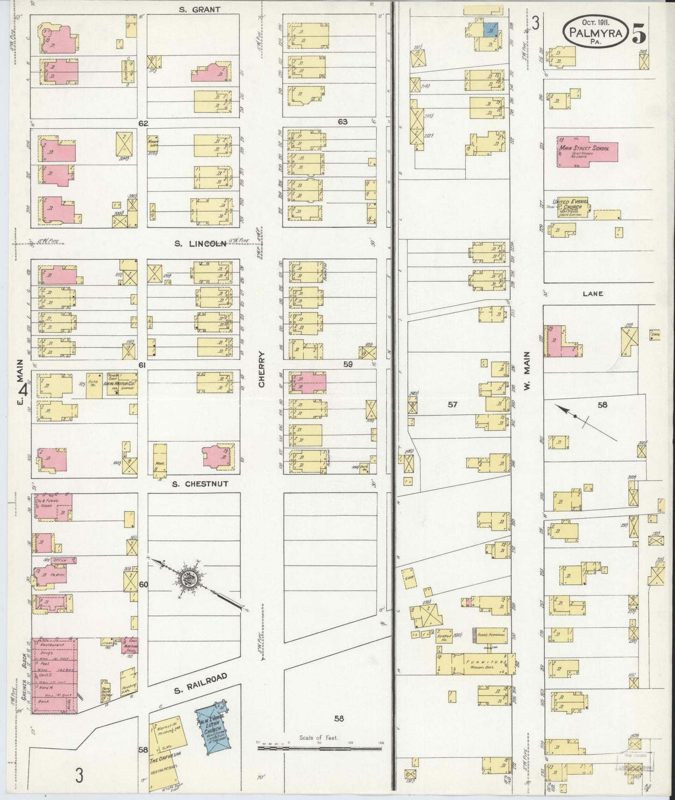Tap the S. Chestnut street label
point(199,484)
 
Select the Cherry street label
point(261,369)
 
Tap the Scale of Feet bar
point(320,748)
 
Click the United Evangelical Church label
point(571,204)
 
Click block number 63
point(342,122)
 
